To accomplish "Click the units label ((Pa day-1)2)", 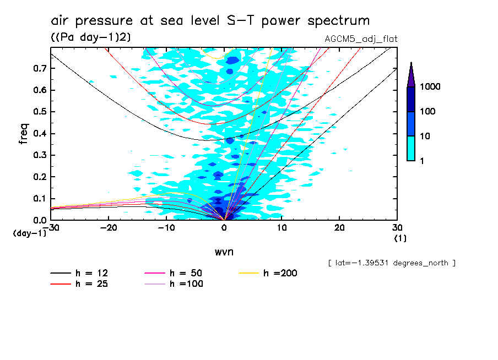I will pyautogui.click(x=87, y=37).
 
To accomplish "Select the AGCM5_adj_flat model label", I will pyautogui.click(x=361, y=39).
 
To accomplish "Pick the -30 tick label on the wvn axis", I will pyautogui.click(x=51, y=227).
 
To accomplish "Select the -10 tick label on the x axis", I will pyautogui.click(x=166, y=227).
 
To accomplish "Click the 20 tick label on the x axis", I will pyautogui.click(x=339, y=227).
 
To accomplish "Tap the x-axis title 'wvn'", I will pyautogui.click(x=224, y=252).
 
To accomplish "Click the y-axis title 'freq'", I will pyautogui.click(x=24, y=134).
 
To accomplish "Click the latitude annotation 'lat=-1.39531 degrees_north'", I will pyautogui.click(x=391, y=263).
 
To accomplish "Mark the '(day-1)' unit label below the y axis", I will pyautogui.click(x=29, y=233).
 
